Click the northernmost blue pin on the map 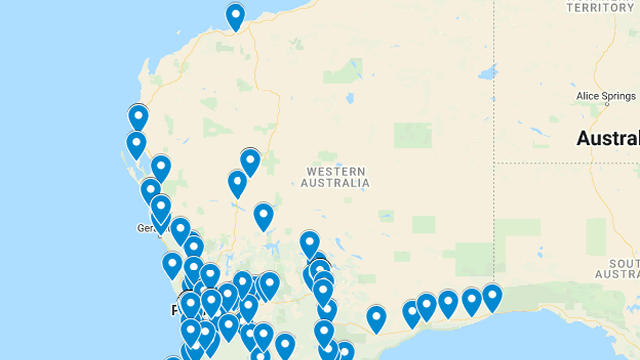[x=236, y=16]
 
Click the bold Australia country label [x=608, y=138]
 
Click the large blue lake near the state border [x=487, y=72]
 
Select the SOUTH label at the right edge [x=623, y=263]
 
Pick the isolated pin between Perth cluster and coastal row [x=376, y=318]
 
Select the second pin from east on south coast [x=472, y=301]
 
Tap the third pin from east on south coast [x=448, y=303]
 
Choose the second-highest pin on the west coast [x=136, y=145]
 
